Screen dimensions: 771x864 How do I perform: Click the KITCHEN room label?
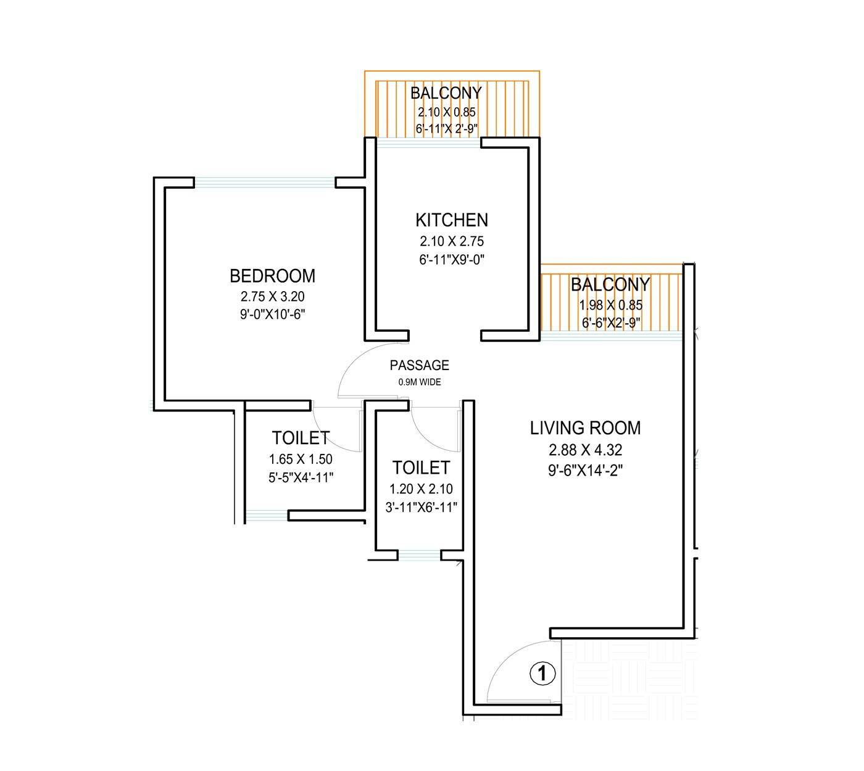point(451,220)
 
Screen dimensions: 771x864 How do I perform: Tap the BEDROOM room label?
point(272,275)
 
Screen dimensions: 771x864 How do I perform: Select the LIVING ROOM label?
point(585,427)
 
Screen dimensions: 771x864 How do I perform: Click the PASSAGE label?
point(419,366)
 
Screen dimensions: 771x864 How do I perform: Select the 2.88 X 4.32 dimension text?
point(585,450)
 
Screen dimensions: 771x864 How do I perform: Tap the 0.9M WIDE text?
point(420,382)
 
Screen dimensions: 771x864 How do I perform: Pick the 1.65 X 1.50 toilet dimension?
point(301,460)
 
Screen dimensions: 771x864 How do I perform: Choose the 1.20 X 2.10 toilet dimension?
point(421,489)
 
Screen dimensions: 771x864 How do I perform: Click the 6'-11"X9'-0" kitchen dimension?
point(451,260)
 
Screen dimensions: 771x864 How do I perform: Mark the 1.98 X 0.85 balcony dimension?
point(610,305)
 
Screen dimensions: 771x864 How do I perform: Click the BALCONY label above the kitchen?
point(446,93)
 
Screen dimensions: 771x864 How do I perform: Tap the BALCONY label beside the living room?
point(610,284)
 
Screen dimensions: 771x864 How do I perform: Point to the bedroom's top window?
point(265,183)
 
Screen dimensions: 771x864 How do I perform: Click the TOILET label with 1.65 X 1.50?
point(301,438)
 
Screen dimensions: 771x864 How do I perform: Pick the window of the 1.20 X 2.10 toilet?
point(418,555)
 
